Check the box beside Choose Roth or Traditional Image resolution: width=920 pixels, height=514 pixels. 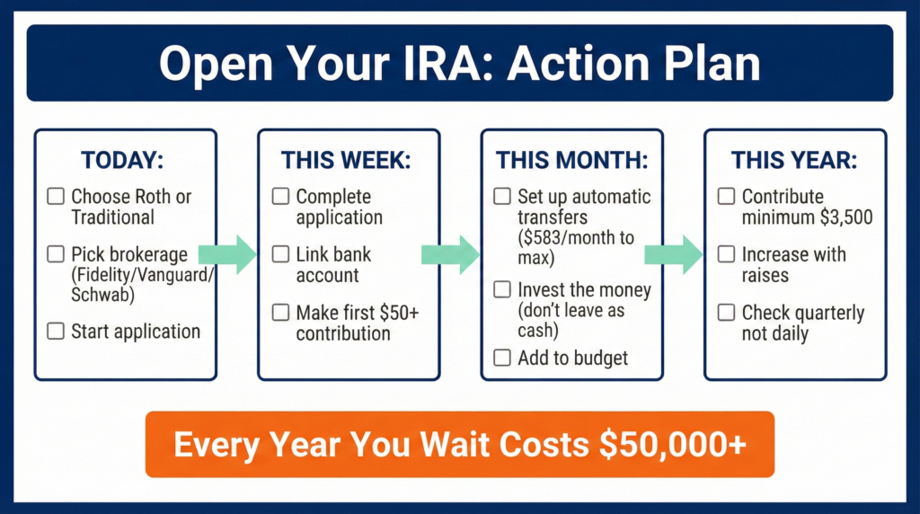point(56,197)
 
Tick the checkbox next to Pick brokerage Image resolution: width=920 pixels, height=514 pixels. point(56,255)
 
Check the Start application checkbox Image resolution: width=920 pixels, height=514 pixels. point(56,332)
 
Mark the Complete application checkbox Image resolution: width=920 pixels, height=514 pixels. point(281,197)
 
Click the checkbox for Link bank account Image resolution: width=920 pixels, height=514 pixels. point(281,255)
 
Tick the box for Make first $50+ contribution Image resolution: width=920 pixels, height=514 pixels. point(281,314)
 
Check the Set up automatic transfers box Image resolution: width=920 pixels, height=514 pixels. point(502,197)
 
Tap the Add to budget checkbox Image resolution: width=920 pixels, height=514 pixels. point(502,359)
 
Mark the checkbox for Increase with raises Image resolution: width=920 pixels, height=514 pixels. point(727,255)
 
